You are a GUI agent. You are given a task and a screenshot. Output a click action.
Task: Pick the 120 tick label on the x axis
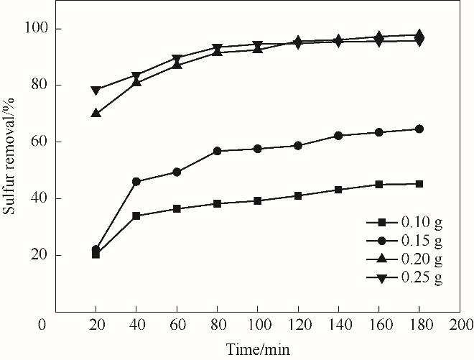click(297, 325)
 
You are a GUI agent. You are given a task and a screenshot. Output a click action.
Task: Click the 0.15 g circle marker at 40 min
click(136, 182)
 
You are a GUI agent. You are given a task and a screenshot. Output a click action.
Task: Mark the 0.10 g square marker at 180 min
click(419, 184)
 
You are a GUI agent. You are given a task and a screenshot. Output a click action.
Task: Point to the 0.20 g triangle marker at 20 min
click(96, 113)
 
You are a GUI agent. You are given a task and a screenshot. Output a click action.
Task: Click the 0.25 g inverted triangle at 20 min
click(96, 91)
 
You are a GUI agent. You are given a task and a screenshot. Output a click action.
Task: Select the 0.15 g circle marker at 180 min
click(419, 129)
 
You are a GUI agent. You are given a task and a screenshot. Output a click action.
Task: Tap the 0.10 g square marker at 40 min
click(136, 216)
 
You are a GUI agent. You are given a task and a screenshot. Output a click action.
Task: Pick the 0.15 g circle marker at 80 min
click(217, 151)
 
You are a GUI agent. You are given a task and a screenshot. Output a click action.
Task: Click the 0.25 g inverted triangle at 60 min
click(177, 59)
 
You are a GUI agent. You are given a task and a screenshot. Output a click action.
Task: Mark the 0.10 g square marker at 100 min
click(257, 200)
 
